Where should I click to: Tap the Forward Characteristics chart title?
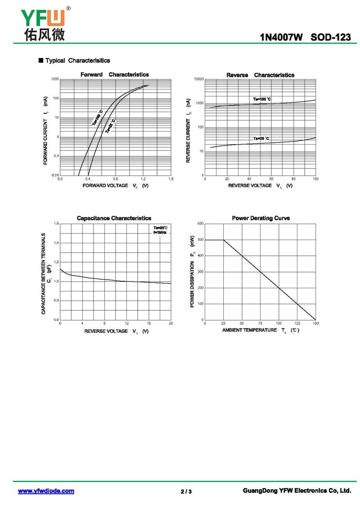point(115,74)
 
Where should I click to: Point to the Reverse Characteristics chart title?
point(261,75)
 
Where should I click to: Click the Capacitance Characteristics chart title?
point(114,218)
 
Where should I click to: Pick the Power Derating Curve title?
point(261,218)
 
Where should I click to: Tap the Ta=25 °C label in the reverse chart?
point(261,138)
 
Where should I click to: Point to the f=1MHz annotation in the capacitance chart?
point(160,232)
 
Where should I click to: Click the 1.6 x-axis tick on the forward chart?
point(171,179)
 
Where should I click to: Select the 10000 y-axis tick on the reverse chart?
point(198,79)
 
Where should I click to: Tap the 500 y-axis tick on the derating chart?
point(200,240)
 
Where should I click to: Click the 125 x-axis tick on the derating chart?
point(297,323)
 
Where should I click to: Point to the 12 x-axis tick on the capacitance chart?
point(127,323)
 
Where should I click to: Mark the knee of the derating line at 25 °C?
point(224,240)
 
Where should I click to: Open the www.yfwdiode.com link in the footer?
point(46,491)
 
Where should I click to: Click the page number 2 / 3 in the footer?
point(186,491)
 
